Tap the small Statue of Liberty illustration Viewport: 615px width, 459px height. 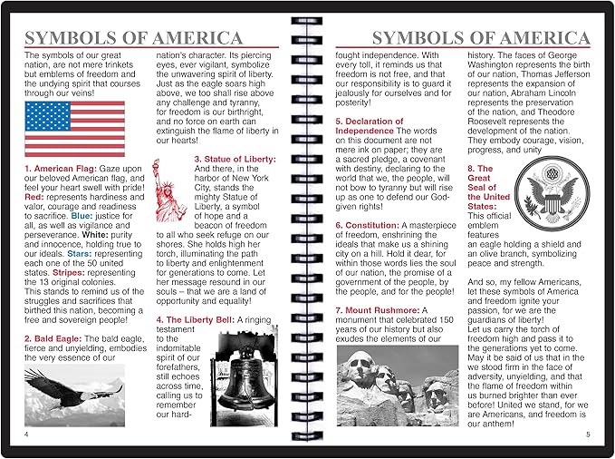[170, 190]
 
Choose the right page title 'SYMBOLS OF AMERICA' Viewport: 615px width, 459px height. [482, 38]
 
